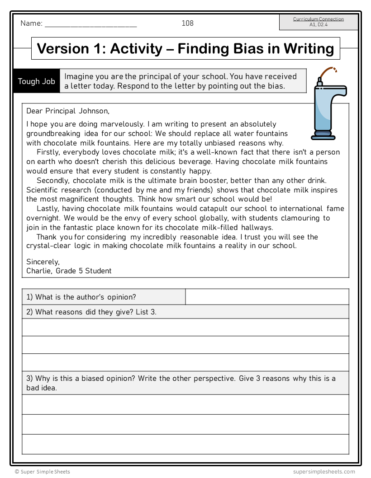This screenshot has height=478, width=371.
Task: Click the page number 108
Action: point(187,23)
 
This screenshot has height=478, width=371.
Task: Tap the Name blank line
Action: point(90,25)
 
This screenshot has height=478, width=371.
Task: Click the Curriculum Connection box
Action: point(319,22)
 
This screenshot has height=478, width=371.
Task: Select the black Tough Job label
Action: point(37,81)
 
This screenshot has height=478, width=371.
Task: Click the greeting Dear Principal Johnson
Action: point(68,111)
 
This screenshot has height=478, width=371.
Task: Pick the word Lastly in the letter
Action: point(48,209)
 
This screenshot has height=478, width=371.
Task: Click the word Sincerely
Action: point(43,262)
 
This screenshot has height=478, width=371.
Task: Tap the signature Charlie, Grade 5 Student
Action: point(69,271)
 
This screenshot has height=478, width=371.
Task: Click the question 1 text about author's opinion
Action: point(81,297)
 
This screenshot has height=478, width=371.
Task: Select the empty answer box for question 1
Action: point(267,297)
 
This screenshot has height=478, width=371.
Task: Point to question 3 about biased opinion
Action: point(181,383)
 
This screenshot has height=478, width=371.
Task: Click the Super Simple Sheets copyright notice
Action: point(43,472)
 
